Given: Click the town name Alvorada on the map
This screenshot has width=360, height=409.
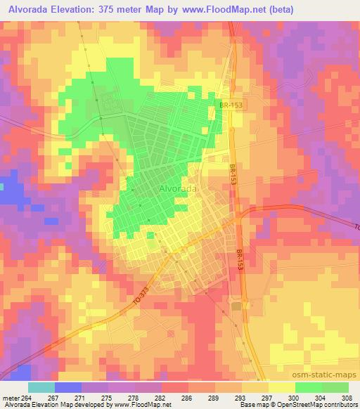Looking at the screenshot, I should coord(176,189).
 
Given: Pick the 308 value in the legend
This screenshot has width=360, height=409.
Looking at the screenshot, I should coord(348,398).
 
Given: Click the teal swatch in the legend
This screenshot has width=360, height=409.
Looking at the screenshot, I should coord(41,387).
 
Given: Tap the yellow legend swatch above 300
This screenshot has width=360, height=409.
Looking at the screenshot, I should coord(281,387).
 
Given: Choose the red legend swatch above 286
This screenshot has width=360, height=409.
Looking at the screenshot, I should coord(174,387).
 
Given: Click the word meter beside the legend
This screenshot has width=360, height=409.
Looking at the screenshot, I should coord(10,398).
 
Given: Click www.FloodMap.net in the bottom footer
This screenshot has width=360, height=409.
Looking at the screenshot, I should coord(140,405).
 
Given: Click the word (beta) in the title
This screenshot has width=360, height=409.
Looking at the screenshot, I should coord(277,10).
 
